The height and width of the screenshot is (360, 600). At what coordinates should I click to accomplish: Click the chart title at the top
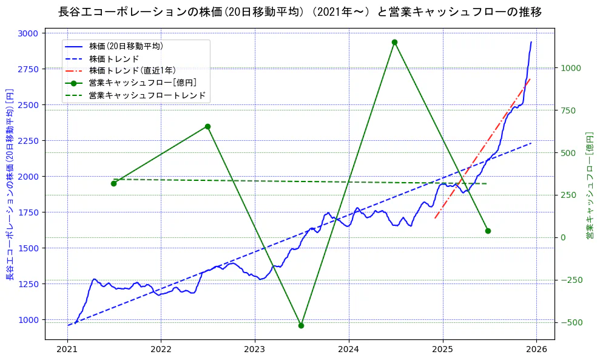(x=300, y=12)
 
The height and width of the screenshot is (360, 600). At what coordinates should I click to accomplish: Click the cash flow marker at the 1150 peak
(x=394, y=42)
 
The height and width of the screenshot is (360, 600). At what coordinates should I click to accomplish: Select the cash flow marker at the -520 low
(x=301, y=325)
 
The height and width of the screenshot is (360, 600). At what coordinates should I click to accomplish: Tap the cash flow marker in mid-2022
(x=207, y=126)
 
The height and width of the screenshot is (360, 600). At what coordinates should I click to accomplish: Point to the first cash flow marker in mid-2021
(x=113, y=183)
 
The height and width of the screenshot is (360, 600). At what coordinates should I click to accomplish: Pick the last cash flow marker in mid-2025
(x=488, y=231)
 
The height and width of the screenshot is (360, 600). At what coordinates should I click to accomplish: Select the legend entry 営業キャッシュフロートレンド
(x=147, y=95)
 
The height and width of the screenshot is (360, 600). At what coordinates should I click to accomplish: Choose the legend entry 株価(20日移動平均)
(x=126, y=46)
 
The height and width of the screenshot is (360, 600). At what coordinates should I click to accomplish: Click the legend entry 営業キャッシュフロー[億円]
(x=142, y=83)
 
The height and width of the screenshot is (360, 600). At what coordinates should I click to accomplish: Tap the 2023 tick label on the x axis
(x=255, y=350)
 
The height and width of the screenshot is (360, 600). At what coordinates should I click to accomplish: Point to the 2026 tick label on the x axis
(x=536, y=350)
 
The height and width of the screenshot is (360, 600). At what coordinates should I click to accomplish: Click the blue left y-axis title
(x=10, y=185)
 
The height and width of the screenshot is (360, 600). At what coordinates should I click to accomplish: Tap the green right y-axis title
(x=589, y=185)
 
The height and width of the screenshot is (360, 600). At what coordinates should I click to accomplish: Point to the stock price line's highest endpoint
(x=531, y=42)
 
